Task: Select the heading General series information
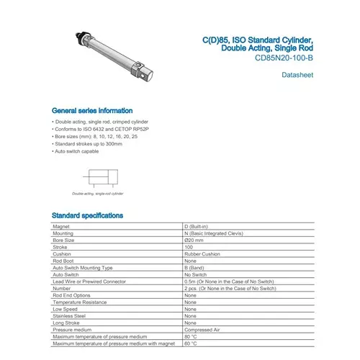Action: pos(91,110)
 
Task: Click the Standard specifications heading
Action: pos(87,215)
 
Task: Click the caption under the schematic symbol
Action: pos(97,194)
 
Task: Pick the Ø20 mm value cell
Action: pos(195,240)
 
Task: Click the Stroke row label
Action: pos(60,247)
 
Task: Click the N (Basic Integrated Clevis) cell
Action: pos(217,233)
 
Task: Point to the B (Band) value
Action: pos(197,267)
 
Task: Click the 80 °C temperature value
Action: pos(191,336)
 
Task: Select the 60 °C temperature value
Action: pos(191,343)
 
